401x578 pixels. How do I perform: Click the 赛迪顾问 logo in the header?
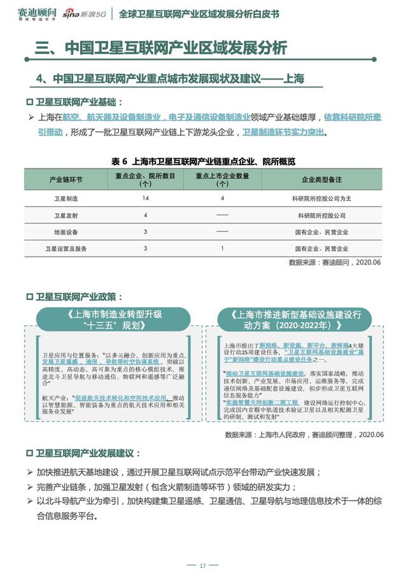(36, 13)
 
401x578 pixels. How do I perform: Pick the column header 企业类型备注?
(322, 180)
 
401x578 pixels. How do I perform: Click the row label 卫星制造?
(66, 199)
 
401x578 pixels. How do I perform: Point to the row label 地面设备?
(66, 232)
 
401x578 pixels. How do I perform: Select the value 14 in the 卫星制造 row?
(146, 199)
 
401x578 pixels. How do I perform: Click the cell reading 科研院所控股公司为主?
(321, 199)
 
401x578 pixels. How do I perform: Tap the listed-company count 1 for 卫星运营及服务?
(222, 249)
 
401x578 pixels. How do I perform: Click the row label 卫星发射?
(66, 216)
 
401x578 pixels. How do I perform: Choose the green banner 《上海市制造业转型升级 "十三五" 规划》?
(113, 319)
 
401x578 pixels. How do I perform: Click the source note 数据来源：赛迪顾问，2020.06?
(335, 262)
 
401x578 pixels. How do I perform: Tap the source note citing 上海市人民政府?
(304, 435)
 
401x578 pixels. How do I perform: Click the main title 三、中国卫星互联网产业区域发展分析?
(160, 48)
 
